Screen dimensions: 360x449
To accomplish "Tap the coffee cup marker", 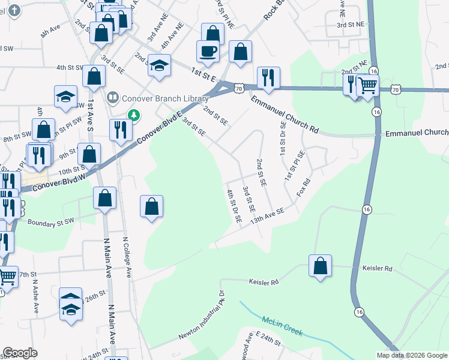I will click(x=208, y=52).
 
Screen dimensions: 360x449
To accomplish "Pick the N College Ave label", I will click(x=127, y=257).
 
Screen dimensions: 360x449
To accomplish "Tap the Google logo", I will click(x=20, y=353).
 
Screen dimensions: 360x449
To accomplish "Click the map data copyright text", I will click(x=412, y=355).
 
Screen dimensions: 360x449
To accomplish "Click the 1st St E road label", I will click(x=204, y=74).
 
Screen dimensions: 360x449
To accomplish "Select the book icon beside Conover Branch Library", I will click(x=112, y=97).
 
